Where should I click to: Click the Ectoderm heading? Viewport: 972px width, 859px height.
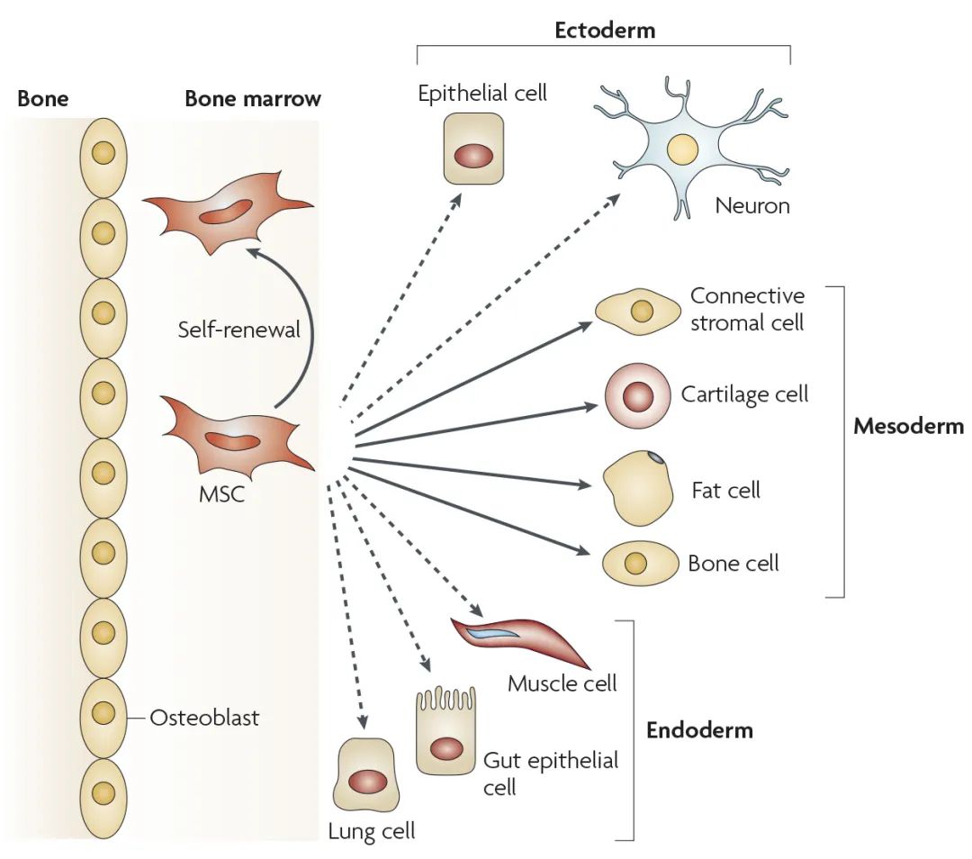[604, 30]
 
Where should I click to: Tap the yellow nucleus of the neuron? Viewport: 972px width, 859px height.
[682, 148]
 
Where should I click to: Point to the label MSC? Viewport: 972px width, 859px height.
[221, 493]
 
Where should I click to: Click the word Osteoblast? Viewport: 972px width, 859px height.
[204, 718]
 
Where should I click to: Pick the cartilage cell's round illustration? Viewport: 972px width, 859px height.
[638, 395]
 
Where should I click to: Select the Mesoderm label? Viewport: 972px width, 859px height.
[908, 426]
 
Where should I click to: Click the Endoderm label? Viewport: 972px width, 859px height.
[699, 729]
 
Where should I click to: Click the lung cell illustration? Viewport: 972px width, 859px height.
[364, 776]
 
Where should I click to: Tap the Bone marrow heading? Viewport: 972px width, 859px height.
[252, 98]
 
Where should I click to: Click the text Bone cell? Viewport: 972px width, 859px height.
[733, 564]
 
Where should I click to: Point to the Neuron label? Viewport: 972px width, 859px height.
[752, 205]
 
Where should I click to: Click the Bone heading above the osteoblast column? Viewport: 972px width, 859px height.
[42, 98]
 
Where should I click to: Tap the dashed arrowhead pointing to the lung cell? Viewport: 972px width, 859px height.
[363, 722]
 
